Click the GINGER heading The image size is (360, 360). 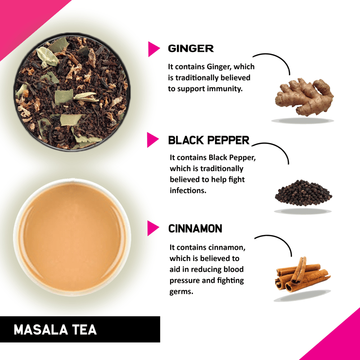[191, 49]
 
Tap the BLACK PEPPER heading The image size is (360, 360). [209, 140]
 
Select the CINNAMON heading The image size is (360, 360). [195, 229]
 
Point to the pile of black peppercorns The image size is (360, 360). [303, 193]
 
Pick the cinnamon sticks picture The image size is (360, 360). [302, 274]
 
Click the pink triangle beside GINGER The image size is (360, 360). [154, 49]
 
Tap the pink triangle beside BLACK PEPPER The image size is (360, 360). [153, 139]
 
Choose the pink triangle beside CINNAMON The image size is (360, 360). [153, 228]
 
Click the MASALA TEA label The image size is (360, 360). [55, 330]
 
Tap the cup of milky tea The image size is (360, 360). [72, 238]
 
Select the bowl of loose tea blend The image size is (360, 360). [72, 92]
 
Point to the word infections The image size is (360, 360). [188, 190]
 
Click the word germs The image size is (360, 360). [181, 292]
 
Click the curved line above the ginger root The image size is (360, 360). [279, 58]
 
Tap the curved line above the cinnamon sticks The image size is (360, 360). [280, 239]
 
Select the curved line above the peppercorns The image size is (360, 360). [278, 147]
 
